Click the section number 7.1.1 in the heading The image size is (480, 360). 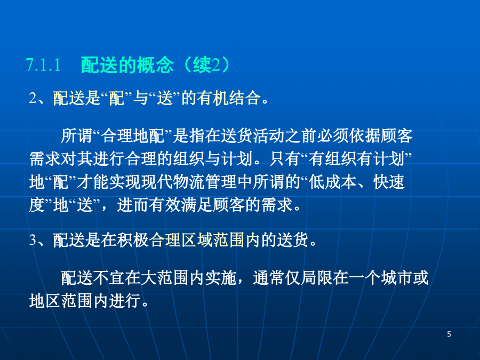click(x=43, y=65)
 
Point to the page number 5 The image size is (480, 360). click(x=449, y=334)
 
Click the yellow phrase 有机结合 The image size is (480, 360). click(x=229, y=98)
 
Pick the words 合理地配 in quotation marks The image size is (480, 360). click(x=133, y=136)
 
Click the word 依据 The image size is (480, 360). click(x=365, y=136)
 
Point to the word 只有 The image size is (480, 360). click(x=285, y=159)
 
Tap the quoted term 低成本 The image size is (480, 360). click(x=332, y=182)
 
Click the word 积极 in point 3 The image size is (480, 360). click(x=133, y=240)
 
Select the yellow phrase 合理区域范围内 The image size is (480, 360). click(x=205, y=240)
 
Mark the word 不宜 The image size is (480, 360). click(x=109, y=278)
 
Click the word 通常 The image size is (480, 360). click(x=269, y=278)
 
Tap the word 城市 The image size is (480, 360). click(x=397, y=278)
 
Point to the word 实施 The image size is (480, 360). click(x=221, y=278)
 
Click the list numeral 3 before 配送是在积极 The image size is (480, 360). click(x=33, y=240)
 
